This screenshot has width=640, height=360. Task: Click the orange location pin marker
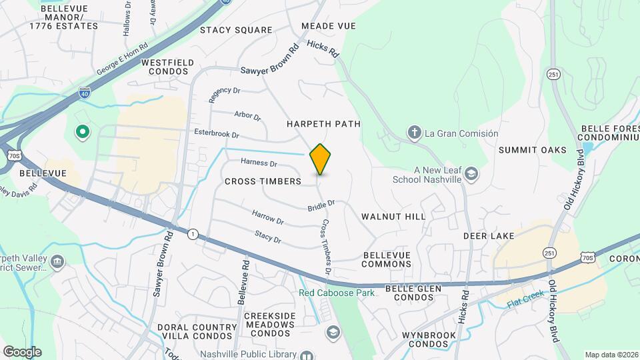coord(320,159)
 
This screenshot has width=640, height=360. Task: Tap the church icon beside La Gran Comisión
coord(414,133)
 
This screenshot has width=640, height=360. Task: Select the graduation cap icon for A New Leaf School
coord(472,175)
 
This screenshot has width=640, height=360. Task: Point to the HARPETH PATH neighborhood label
coord(323,124)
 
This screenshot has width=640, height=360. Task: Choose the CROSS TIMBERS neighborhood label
coord(263,181)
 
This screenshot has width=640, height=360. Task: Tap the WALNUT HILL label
coord(393,217)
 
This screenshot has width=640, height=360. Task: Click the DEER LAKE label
coord(489,236)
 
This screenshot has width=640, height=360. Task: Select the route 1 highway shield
coord(193,233)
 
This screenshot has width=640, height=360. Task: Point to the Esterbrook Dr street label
coord(216,133)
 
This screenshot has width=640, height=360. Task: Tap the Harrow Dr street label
coord(267,217)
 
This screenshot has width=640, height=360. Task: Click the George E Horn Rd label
coord(121,60)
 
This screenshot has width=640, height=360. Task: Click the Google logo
coord(22,351)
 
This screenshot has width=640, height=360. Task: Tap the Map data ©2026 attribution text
coord(611,355)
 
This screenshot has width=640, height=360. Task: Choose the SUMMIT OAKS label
coord(532,150)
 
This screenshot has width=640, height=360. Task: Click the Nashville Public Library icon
coord(306,356)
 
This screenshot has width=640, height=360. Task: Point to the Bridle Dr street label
coord(320,207)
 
